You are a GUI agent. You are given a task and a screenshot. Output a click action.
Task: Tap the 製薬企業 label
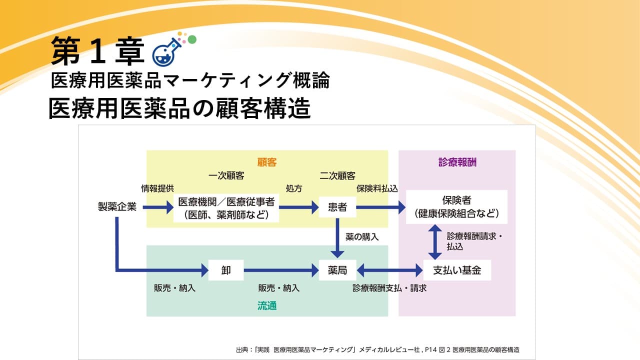point(117,206)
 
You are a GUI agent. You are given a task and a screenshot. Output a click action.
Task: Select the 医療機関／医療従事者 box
point(226,208)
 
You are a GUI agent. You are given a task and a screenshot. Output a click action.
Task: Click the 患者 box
point(337,207)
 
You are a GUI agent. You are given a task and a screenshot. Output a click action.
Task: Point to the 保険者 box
point(456,207)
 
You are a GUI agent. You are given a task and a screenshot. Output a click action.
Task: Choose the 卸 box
point(226,270)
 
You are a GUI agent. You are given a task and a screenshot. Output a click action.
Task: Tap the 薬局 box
point(337,270)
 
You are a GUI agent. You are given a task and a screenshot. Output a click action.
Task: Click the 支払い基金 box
point(457,270)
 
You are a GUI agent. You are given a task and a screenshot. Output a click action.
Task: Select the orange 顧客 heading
point(267,162)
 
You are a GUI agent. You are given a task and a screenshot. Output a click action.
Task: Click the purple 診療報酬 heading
point(457,162)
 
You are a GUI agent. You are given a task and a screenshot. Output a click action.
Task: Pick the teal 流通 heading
point(267,305)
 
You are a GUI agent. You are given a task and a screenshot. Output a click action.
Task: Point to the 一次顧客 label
point(226,175)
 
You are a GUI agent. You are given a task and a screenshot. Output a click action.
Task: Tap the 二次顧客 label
point(337,175)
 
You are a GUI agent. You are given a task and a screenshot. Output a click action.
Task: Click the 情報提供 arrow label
point(157,188)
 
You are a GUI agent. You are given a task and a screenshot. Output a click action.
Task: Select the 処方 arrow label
point(294,188)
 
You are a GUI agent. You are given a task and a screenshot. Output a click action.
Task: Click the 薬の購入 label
point(362,237)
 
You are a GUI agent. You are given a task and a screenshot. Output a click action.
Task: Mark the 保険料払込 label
point(377,188)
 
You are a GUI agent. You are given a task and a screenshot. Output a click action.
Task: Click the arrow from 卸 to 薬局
point(281,270)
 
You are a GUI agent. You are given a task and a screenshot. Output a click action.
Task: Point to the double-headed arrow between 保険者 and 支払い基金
point(435,242)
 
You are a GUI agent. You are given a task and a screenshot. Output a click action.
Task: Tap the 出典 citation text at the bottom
point(377,349)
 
